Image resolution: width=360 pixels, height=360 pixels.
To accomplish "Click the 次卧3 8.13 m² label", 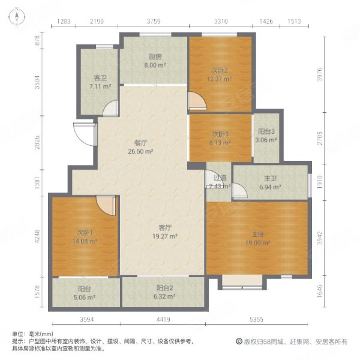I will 220,139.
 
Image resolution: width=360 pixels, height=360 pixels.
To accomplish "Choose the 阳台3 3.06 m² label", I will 266,136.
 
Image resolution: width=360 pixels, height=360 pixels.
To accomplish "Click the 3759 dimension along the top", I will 154,22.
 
